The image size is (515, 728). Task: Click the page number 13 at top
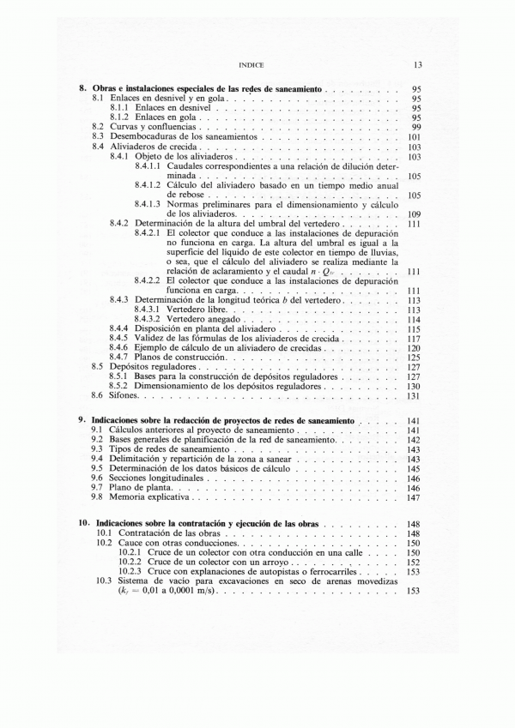tap(416, 64)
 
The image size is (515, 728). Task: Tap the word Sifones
tap(124, 395)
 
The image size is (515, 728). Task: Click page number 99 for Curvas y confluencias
tap(415, 127)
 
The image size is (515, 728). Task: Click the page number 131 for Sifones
tap(413, 395)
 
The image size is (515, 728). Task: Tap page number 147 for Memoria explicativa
tap(413, 496)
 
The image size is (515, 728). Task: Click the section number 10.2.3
tap(129, 571)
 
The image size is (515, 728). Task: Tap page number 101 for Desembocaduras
tap(413, 136)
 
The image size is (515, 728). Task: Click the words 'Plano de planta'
tap(138, 487)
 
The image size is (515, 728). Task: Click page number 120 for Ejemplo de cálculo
tap(413, 347)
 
